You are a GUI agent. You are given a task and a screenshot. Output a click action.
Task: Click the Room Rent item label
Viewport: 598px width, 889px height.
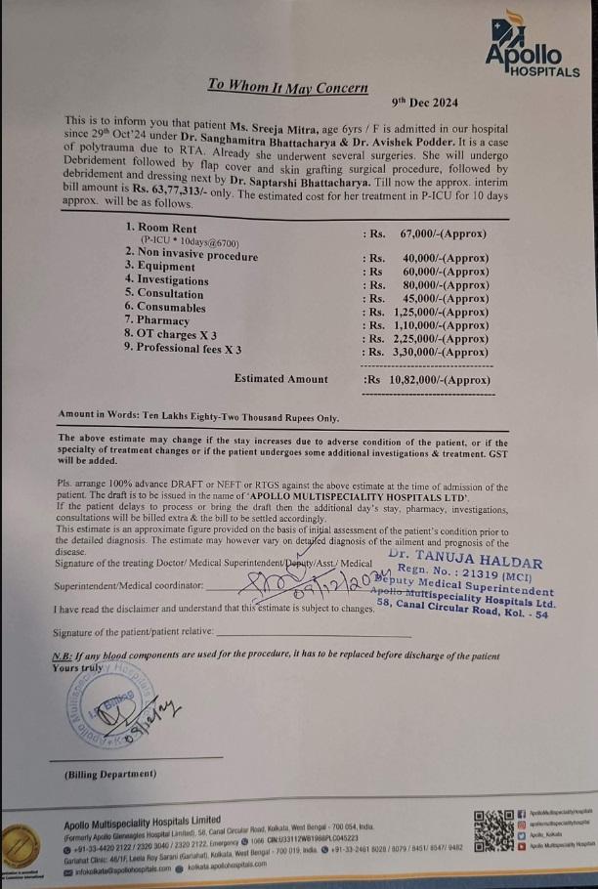tap(160, 226)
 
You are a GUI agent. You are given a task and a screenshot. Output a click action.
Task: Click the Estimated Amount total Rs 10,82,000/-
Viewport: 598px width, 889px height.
tap(426, 380)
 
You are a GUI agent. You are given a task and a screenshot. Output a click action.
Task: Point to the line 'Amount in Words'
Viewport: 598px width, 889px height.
tap(198, 417)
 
